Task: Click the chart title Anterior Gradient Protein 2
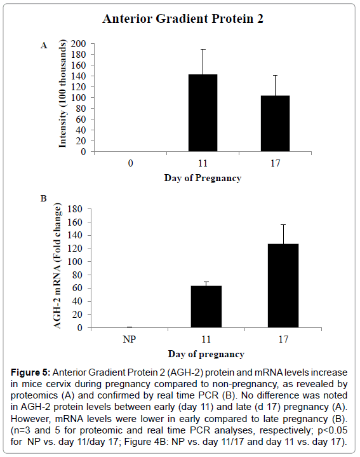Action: click(183, 18)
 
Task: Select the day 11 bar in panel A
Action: click(203, 113)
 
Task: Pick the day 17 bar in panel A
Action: click(275, 123)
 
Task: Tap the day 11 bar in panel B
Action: click(206, 306)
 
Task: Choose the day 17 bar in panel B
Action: click(283, 285)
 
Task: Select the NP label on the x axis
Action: click(130, 339)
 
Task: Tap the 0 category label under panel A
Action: click(130, 163)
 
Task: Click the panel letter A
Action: click(44, 46)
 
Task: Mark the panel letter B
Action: click(43, 198)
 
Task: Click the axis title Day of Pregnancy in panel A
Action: click(203, 178)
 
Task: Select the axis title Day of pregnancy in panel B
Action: click(206, 354)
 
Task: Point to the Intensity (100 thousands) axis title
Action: click(63, 93)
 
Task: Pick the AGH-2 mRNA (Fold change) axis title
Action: click(57, 266)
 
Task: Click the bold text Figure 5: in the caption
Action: click(30, 372)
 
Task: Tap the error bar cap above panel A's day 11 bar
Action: click(203, 49)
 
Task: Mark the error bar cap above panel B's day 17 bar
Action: click(283, 225)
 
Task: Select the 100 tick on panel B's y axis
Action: click(75, 262)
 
